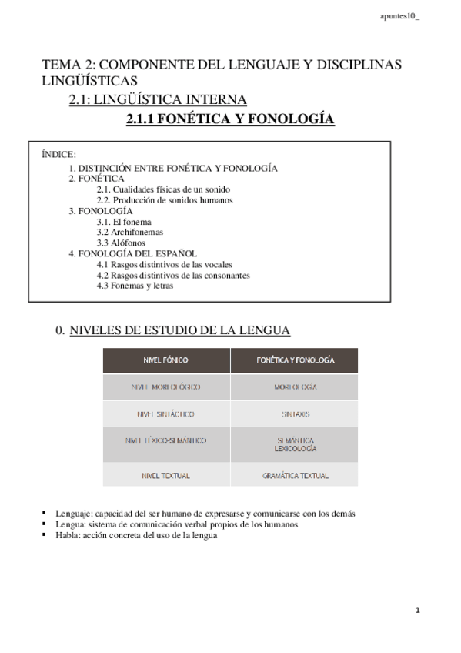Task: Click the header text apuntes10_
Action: pyautogui.click(x=400, y=16)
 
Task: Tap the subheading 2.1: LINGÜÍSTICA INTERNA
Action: pyautogui.click(x=158, y=99)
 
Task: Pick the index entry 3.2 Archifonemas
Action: pyautogui.click(x=130, y=232)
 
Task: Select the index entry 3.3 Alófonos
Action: pyautogui.click(x=121, y=243)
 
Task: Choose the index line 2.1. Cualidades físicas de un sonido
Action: pyautogui.click(x=163, y=189)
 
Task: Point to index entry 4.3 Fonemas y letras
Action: pyautogui.click(x=135, y=286)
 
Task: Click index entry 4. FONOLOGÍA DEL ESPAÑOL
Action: pyautogui.click(x=132, y=253)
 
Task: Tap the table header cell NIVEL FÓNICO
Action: pyautogui.click(x=166, y=360)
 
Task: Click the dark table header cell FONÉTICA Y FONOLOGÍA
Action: pyautogui.click(x=295, y=360)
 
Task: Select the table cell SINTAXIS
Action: pyautogui.click(x=295, y=414)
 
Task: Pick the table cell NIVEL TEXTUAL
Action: pyautogui.click(x=166, y=475)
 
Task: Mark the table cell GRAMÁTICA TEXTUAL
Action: pyautogui.click(x=295, y=475)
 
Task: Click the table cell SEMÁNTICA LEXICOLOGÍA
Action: pyautogui.click(x=295, y=443)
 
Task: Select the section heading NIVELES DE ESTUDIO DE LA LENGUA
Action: pyautogui.click(x=180, y=330)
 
